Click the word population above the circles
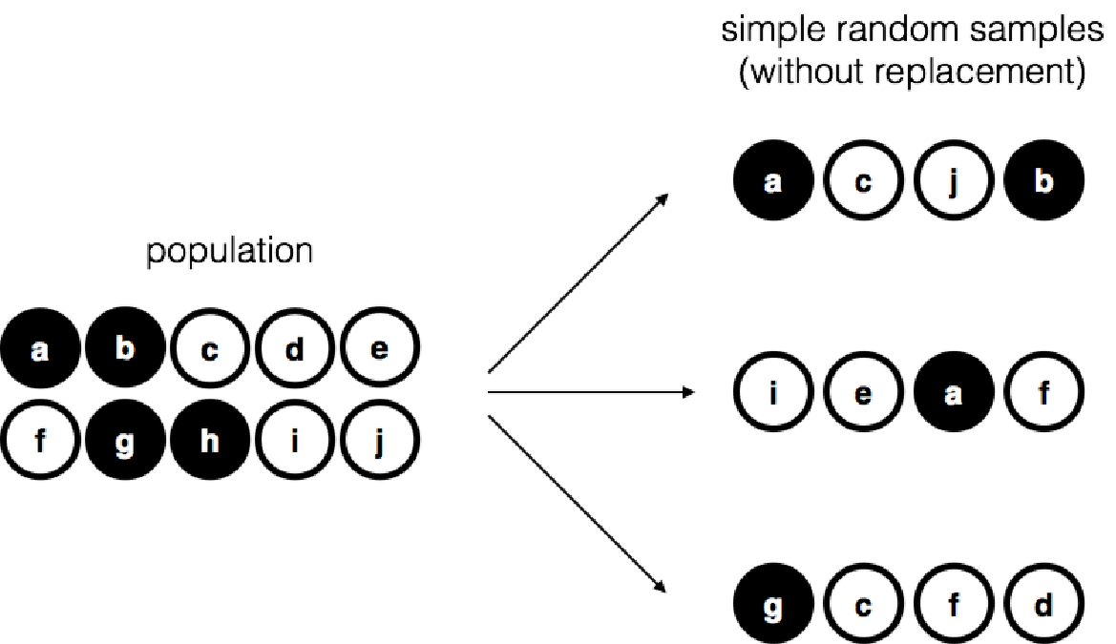pyautogui.click(x=228, y=254)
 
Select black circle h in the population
pyautogui.click(x=209, y=444)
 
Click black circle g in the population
pyautogui.click(x=124, y=444)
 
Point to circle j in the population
pyautogui.click(x=380, y=444)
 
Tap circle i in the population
pyautogui.click(x=295, y=444)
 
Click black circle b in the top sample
pyautogui.click(x=1043, y=181)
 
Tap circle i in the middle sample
pyautogui.click(x=773, y=393)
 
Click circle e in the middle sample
pyautogui.click(x=863, y=393)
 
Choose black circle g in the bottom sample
pyautogui.click(x=773, y=606)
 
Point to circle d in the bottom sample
pyautogui.click(x=1043, y=606)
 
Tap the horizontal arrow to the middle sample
pyautogui.click(x=592, y=392)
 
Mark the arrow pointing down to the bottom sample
pyautogui.click(x=577, y=503)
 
